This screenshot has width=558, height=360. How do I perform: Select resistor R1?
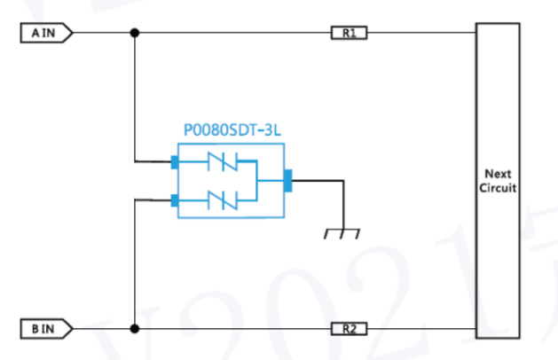[x=349, y=33]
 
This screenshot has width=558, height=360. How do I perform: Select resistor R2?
[x=349, y=329]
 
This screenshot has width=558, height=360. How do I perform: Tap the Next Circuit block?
[x=498, y=181]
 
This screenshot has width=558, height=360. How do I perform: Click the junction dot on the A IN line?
[x=135, y=33]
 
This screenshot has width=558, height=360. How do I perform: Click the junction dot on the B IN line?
[x=135, y=329]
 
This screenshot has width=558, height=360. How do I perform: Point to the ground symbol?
[x=342, y=233]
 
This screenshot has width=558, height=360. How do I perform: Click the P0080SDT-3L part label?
[x=232, y=130]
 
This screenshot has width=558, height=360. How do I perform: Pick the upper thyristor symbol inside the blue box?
[x=223, y=161]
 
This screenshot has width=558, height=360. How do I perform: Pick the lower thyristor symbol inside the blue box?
[x=223, y=200]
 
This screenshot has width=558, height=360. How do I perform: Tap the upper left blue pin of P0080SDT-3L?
[x=175, y=162]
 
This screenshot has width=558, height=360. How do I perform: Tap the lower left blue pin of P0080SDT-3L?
[x=175, y=200]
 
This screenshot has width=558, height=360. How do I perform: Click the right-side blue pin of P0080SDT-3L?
[x=288, y=181]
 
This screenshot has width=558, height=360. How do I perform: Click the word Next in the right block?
[x=498, y=174]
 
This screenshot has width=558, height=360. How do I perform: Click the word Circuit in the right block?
[x=498, y=188]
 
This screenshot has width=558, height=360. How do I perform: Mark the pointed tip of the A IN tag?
[x=73, y=33]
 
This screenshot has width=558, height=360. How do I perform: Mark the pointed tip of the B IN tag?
[x=73, y=329]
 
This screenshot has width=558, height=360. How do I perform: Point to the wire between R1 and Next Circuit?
[x=421, y=33]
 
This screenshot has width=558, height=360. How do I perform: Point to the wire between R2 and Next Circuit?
[x=421, y=329]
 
